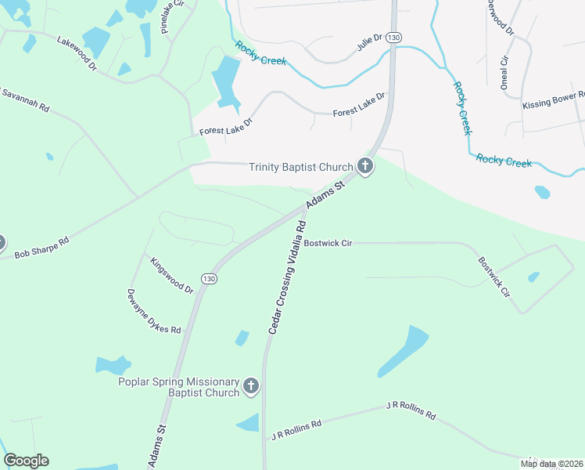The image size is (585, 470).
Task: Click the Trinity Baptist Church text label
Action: point(300,167)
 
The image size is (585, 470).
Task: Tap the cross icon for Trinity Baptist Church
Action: point(364,165)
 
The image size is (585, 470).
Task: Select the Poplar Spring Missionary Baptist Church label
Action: point(178,387)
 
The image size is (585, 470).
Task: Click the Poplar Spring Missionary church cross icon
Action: point(251,385)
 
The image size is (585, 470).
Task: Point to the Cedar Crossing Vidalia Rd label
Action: point(285,278)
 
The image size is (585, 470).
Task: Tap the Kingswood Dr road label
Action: point(172,276)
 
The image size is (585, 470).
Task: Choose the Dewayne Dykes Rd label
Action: point(154,312)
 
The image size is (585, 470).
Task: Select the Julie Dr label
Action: point(368,42)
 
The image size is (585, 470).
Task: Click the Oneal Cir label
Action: point(504,72)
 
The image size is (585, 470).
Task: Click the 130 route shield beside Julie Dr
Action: point(394,38)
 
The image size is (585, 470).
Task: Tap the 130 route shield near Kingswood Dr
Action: point(208,279)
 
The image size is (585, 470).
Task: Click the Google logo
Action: point(26,461)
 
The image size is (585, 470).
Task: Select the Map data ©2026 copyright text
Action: point(551,464)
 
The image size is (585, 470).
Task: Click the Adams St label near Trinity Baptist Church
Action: point(325,196)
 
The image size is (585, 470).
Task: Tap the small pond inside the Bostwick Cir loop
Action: point(533,277)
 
